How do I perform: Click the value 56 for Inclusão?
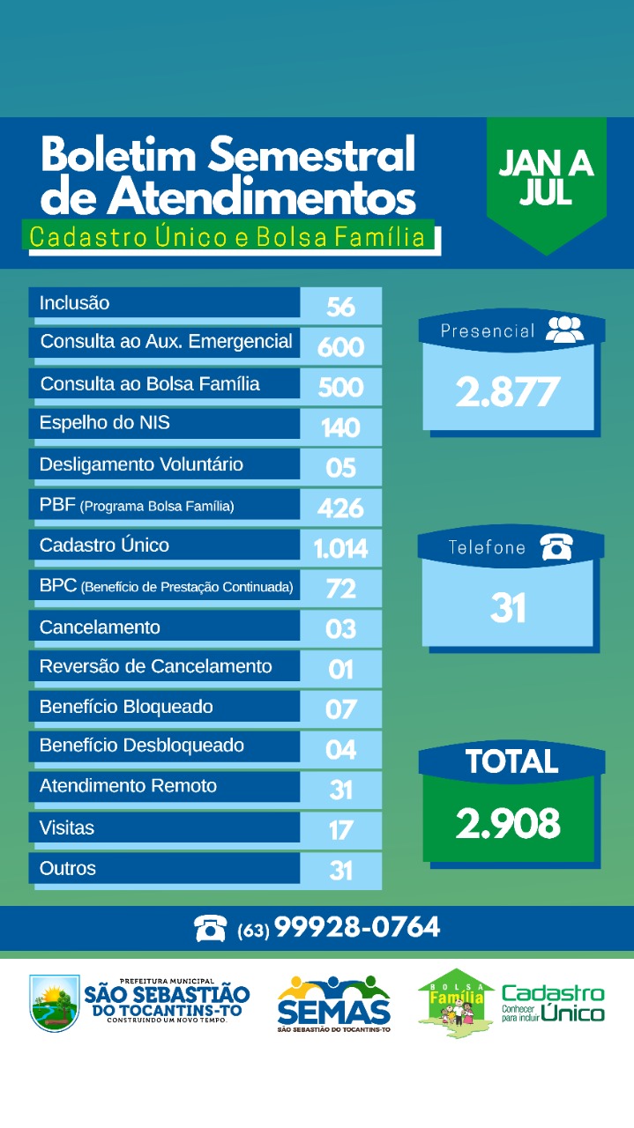coord(340,306)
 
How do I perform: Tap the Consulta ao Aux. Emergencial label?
coord(166,342)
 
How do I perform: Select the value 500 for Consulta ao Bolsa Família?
coord(340,387)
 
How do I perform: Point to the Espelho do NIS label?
coord(104,423)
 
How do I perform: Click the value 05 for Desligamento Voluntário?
coord(340,466)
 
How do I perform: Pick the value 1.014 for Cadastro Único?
coord(340,549)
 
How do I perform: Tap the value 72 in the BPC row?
coord(340,589)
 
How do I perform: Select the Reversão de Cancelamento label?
coord(155,666)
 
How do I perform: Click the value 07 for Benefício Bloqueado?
coord(340,709)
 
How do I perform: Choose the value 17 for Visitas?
coord(340,829)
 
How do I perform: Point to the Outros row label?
coord(68,868)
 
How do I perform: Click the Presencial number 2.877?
coord(507,391)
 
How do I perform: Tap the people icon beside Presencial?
coord(564,330)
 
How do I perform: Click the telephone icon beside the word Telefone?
coord(557,547)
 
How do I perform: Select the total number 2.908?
coord(508,823)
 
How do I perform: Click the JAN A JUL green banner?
coord(546,179)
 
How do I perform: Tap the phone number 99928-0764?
coord(357,927)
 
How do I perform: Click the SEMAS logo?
coord(333,1003)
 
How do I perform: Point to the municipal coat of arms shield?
coord(54,1003)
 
